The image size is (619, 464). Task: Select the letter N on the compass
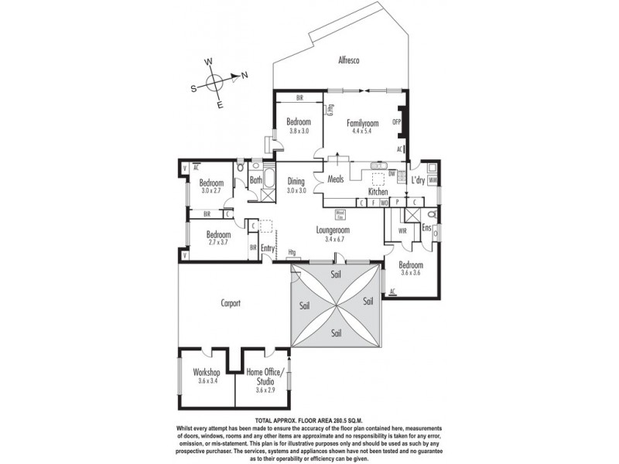point(245,75)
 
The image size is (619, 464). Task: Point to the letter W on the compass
point(208,62)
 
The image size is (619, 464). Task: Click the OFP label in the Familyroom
point(397,122)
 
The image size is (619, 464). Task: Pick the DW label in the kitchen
point(392,173)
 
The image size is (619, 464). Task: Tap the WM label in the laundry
point(433,181)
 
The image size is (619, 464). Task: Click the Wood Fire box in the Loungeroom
point(340,214)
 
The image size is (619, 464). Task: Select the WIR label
point(402,230)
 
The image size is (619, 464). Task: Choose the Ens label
point(426,227)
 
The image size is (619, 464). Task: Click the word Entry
point(268,247)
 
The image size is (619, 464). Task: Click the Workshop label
point(207,372)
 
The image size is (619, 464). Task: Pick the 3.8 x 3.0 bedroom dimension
point(299,131)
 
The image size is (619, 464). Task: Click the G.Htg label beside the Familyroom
point(330,110)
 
